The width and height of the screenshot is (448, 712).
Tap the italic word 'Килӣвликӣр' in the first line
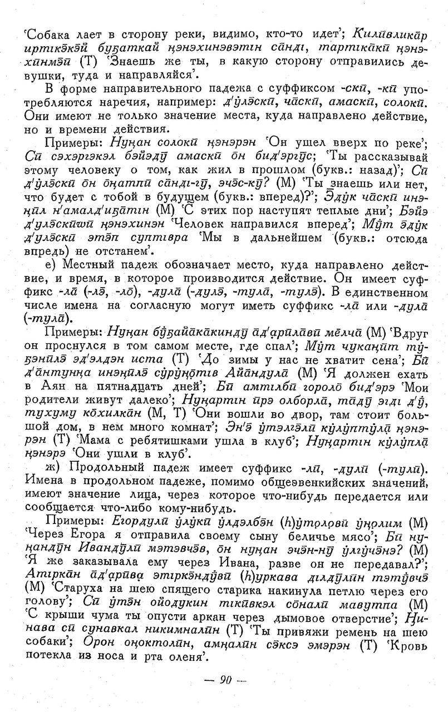[x=390, y=34]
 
